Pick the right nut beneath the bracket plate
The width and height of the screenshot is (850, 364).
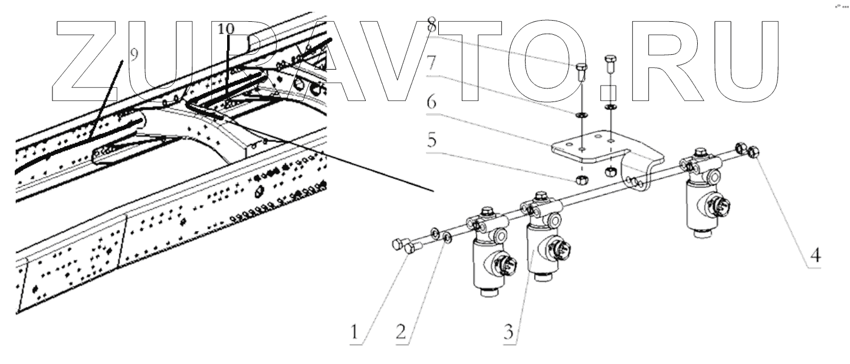coord(611,171)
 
